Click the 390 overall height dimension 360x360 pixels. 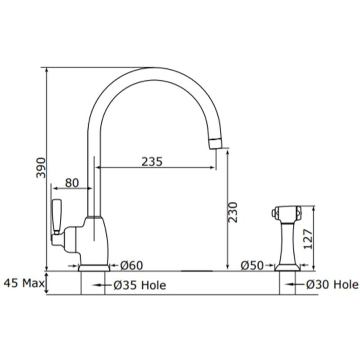click(41, 167)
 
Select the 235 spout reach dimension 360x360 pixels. click(152, 162)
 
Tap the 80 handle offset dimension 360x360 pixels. click(72, 183)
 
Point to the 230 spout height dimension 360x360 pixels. click(233, 212)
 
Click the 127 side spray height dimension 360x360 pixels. click(308, 239)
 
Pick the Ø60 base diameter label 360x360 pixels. click(131, 265)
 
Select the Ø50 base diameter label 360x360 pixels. click(252, 265)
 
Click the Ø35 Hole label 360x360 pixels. click(139, 285)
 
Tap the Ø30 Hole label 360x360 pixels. click(332, 284)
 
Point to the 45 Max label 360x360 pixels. click(24, 283)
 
